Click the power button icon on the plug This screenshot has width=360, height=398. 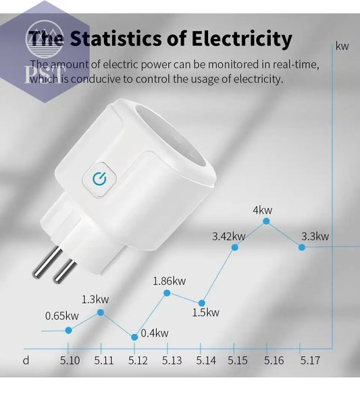pos(100,178)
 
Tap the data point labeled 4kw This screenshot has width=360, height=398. pos(267,221)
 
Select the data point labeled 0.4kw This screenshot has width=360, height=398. pos(134,336)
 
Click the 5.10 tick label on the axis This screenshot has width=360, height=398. pos(70,360)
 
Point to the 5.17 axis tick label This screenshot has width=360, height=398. pos(309,360)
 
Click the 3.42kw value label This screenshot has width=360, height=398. pos(228,236)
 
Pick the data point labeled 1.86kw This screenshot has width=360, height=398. pos(167,292)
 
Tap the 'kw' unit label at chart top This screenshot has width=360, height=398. pos(342,47)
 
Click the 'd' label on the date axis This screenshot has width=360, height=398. pos(26,360)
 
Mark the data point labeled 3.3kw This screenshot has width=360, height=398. pos(301,248)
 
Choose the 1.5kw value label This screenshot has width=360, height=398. pos(205,312)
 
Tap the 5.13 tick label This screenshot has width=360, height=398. pos(172,360)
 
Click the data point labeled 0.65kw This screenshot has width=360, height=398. pos(68,330)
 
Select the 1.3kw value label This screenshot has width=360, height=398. pos(95,299)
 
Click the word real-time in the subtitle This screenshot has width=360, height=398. pos(294,65)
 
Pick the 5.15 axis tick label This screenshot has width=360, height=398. pos(238,360)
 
